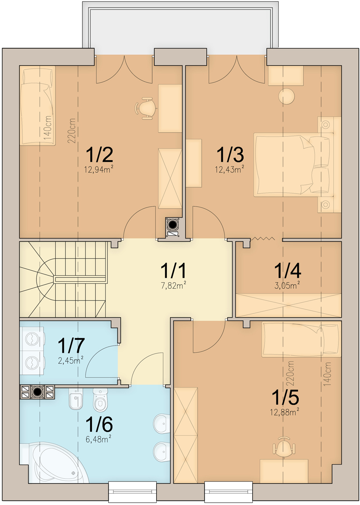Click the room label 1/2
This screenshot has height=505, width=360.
(x=99, y=155)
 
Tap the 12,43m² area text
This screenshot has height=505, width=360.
(x=230, y=169)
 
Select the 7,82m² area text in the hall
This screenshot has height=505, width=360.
(x=173, y=286)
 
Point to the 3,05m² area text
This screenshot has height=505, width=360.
(x=287, y=286)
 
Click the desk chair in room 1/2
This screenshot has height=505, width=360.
(x=146, y=108)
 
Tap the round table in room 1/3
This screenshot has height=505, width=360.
(x=287, y=96)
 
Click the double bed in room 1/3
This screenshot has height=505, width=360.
(x=293, y=164)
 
